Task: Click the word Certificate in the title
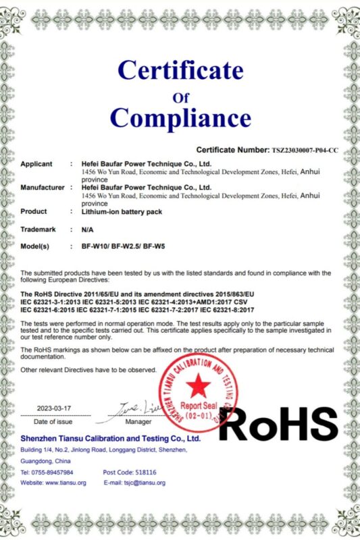180,70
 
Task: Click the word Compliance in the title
180,117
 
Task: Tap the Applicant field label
37,164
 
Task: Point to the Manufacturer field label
43,187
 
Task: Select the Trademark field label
38,230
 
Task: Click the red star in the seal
198,386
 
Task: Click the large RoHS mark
278,424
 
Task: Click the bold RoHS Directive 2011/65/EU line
137,295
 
